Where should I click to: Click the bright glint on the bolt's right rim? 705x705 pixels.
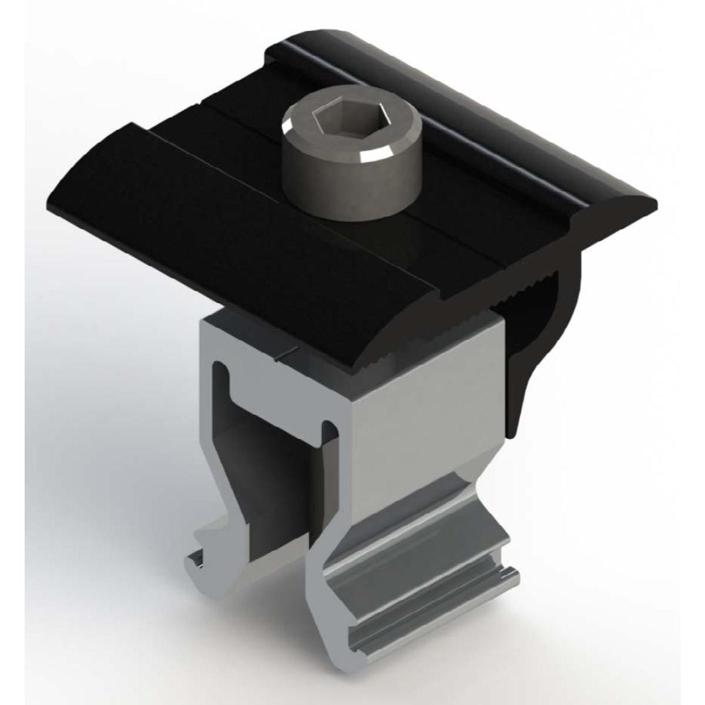pos(371,154)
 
